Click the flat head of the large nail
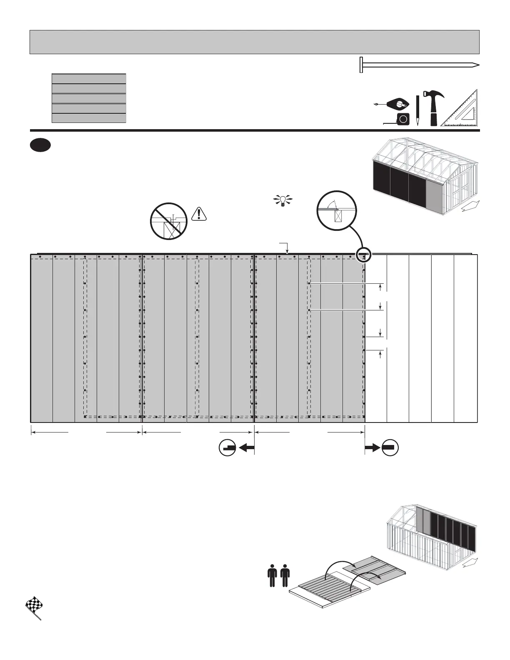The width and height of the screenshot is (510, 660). (361, 65)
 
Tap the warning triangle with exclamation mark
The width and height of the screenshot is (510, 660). (200, 213)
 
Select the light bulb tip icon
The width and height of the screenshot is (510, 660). (283, 200)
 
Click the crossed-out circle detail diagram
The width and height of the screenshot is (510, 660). (169, 221)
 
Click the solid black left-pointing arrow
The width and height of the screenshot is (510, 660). (247, 447)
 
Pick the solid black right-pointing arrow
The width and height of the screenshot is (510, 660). (372, 447)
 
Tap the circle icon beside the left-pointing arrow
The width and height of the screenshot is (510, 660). (227, 447)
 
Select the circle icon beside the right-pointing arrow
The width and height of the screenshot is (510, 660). (390, 447)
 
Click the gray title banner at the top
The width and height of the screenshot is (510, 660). (254, 42)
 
